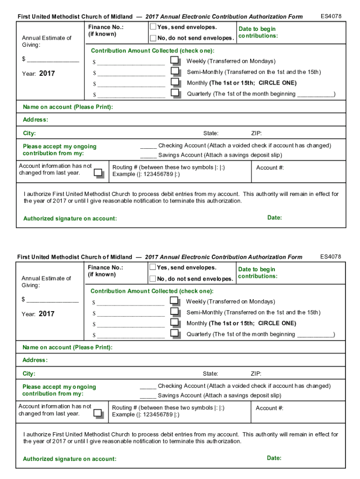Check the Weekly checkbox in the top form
click(175, 60)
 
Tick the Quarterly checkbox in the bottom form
click(174, 333)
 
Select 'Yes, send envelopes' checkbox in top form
click(153, 27)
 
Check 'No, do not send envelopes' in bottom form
click(152, 279)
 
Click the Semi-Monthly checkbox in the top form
click(175, 71)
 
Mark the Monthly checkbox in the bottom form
click(174, 322)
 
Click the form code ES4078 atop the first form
click(331, 16)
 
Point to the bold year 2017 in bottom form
click(46, 314)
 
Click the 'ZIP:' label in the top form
click(256, 133)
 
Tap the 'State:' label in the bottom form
click(210, 374)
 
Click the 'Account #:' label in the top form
click(270, 167)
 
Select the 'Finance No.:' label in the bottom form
click(105, 268)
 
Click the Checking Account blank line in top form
click(148, 146)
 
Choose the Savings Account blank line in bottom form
click(148, 396)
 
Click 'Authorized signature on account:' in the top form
click(70, 218)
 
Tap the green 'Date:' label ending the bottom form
click(274, 458)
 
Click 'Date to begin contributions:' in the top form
click(257, 32)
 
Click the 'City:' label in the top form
click(29, 133)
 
